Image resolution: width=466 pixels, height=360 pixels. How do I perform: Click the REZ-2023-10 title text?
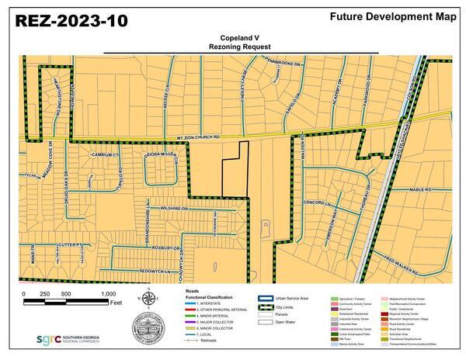pyautogui.click(x=68, y=21)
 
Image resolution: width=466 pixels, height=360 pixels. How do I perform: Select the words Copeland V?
pyautogui.click(x=232, y=36)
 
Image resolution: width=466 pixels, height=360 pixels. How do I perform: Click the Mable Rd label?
pyautogui.click(x=419, y=190)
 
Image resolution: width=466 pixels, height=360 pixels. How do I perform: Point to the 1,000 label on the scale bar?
pyautogui.click(x=108, y=294)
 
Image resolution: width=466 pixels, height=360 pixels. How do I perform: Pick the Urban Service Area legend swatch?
pyautogui.click(x=266, y=296)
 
